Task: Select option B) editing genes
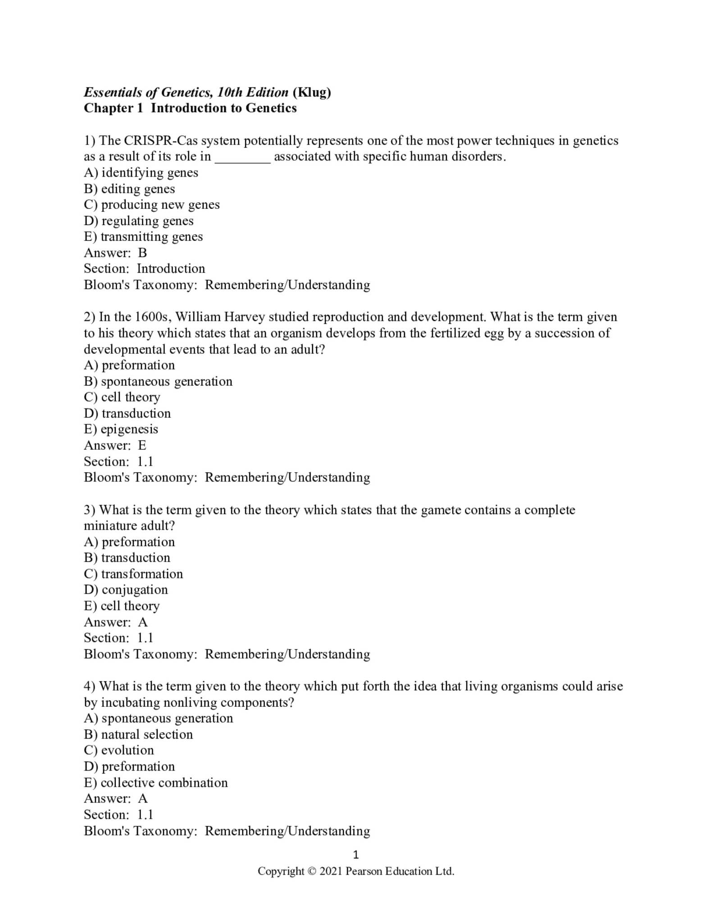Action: (x=129, y=189)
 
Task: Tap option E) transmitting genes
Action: (x=143, y=237)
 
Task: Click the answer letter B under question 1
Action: (x=142, y=253)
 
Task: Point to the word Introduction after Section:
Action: (x=171, y=269)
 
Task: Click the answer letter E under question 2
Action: (x=142, y=446)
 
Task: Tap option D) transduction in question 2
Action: (x=127, y=413)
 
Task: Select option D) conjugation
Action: (x=126, y=590)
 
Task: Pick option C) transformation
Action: (x=133, y=574)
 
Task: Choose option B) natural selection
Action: (x=138, y=735)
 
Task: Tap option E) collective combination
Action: (x=156, y=783)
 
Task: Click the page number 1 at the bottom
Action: (x=356, y=854)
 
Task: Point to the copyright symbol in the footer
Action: (x=312, y=872)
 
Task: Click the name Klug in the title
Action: (x=312, y=93)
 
